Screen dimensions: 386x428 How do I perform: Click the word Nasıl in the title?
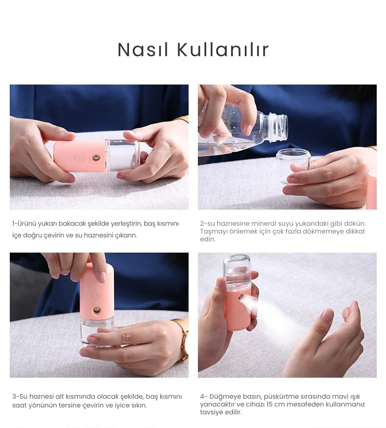coord(143,50)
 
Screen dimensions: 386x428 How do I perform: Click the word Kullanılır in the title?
coord(223,50)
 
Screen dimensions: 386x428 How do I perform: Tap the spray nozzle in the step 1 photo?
coord(96,157)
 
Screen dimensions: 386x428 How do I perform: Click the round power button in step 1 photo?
coord(80,158)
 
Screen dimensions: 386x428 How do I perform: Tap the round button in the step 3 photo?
coord(96,295)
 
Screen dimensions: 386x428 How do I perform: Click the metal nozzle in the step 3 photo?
coord(96,310)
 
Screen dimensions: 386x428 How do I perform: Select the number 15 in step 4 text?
coord(269,404)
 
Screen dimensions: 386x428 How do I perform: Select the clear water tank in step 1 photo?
coord(122,155)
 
